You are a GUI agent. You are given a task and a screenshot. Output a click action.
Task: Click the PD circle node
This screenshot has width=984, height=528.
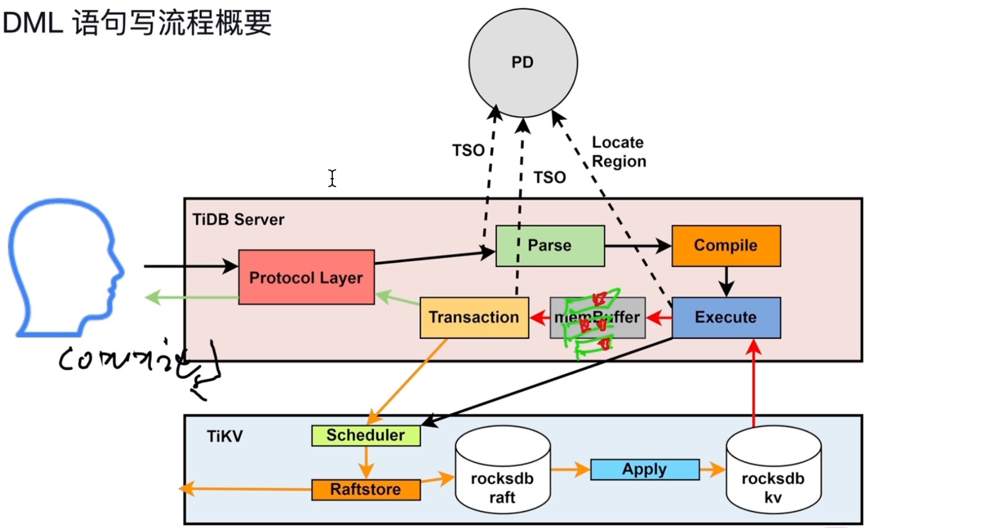pyautogui.click(x=523, y=63)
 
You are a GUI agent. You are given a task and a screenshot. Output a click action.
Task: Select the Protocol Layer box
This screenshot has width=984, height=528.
pyautogui.click(x=306, y=277)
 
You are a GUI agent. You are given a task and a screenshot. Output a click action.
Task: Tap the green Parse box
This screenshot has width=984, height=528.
pyautogui.click(x=549, y=246)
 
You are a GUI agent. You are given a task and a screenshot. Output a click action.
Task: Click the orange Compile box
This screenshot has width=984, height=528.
pyautogui.click(x=726, y=246)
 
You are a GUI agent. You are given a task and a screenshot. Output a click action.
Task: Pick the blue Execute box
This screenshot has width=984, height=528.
pyautogui.click(x=726, y=317)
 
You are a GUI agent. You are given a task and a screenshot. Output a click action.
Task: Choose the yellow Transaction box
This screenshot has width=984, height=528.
pyautogui.click(x=474, y=317)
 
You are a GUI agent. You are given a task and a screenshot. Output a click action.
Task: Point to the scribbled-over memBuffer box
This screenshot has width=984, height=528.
pyautogui.click(x=597, y=317)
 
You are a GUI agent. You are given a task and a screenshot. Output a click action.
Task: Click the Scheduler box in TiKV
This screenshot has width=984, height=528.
pyautogui.click(x=365, y=436)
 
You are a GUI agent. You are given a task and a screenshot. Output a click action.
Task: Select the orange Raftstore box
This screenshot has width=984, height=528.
pyautogui.click(x=365, y=489)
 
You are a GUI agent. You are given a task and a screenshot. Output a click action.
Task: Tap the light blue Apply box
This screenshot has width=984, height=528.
pyautogui.click(x=645, y=469)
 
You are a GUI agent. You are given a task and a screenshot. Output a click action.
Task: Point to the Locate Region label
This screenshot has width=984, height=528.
pyautogui.click(x=619, y=152)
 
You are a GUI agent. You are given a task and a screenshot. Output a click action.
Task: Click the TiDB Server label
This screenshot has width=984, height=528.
pyautogui.click(x=238, y=220)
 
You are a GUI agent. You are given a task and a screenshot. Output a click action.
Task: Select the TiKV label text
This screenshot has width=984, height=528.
pyautogui.click(x=224, y=436)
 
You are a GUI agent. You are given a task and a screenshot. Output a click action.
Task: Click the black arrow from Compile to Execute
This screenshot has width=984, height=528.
pyautogui.click(x=726, y=282)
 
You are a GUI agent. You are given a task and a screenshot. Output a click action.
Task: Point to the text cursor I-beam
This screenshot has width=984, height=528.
pyautogui.click(x=332, y=178)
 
